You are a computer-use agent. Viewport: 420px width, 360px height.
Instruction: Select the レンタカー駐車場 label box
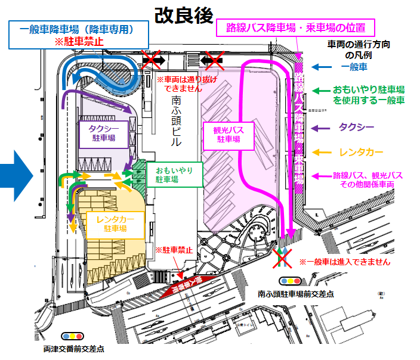pyautogui.click(x=116, y=223)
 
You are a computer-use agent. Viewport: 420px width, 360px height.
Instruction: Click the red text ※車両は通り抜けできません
pyautogui.click(x=183, y=83)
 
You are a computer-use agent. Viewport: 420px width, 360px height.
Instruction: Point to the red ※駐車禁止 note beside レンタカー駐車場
pyautogui.click(x=174, y=250)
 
